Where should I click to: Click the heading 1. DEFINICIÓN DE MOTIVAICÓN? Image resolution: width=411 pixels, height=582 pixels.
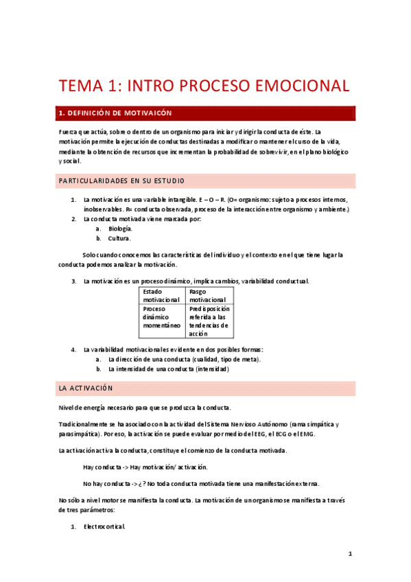click(x=115, y=113)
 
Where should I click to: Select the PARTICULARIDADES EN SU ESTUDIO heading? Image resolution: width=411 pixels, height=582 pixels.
click(x=122, y=181)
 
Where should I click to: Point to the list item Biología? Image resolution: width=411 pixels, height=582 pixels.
click(x=120, y=229)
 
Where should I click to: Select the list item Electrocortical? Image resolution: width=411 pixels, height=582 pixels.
click(x=104, y=527)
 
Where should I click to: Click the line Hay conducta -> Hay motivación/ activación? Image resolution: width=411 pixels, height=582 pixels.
click(x=145, y=467)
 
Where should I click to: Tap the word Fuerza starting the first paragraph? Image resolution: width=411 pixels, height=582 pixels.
click(x=70, y=131)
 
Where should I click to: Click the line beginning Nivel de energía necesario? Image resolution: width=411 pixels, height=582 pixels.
click(x=145, y=408)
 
